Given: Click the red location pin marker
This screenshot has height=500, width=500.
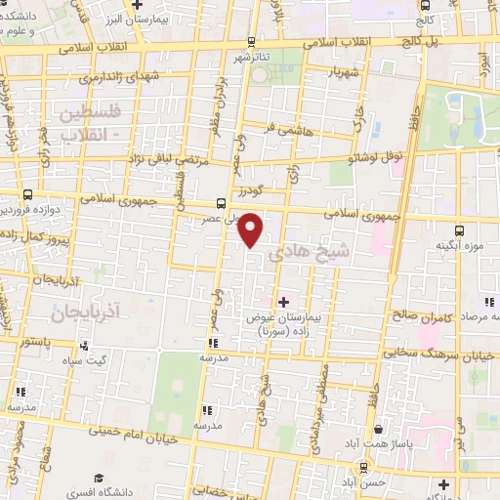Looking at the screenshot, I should coord(252,229).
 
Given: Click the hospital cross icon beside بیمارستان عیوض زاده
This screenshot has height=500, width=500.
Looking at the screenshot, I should coord(284,302).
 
